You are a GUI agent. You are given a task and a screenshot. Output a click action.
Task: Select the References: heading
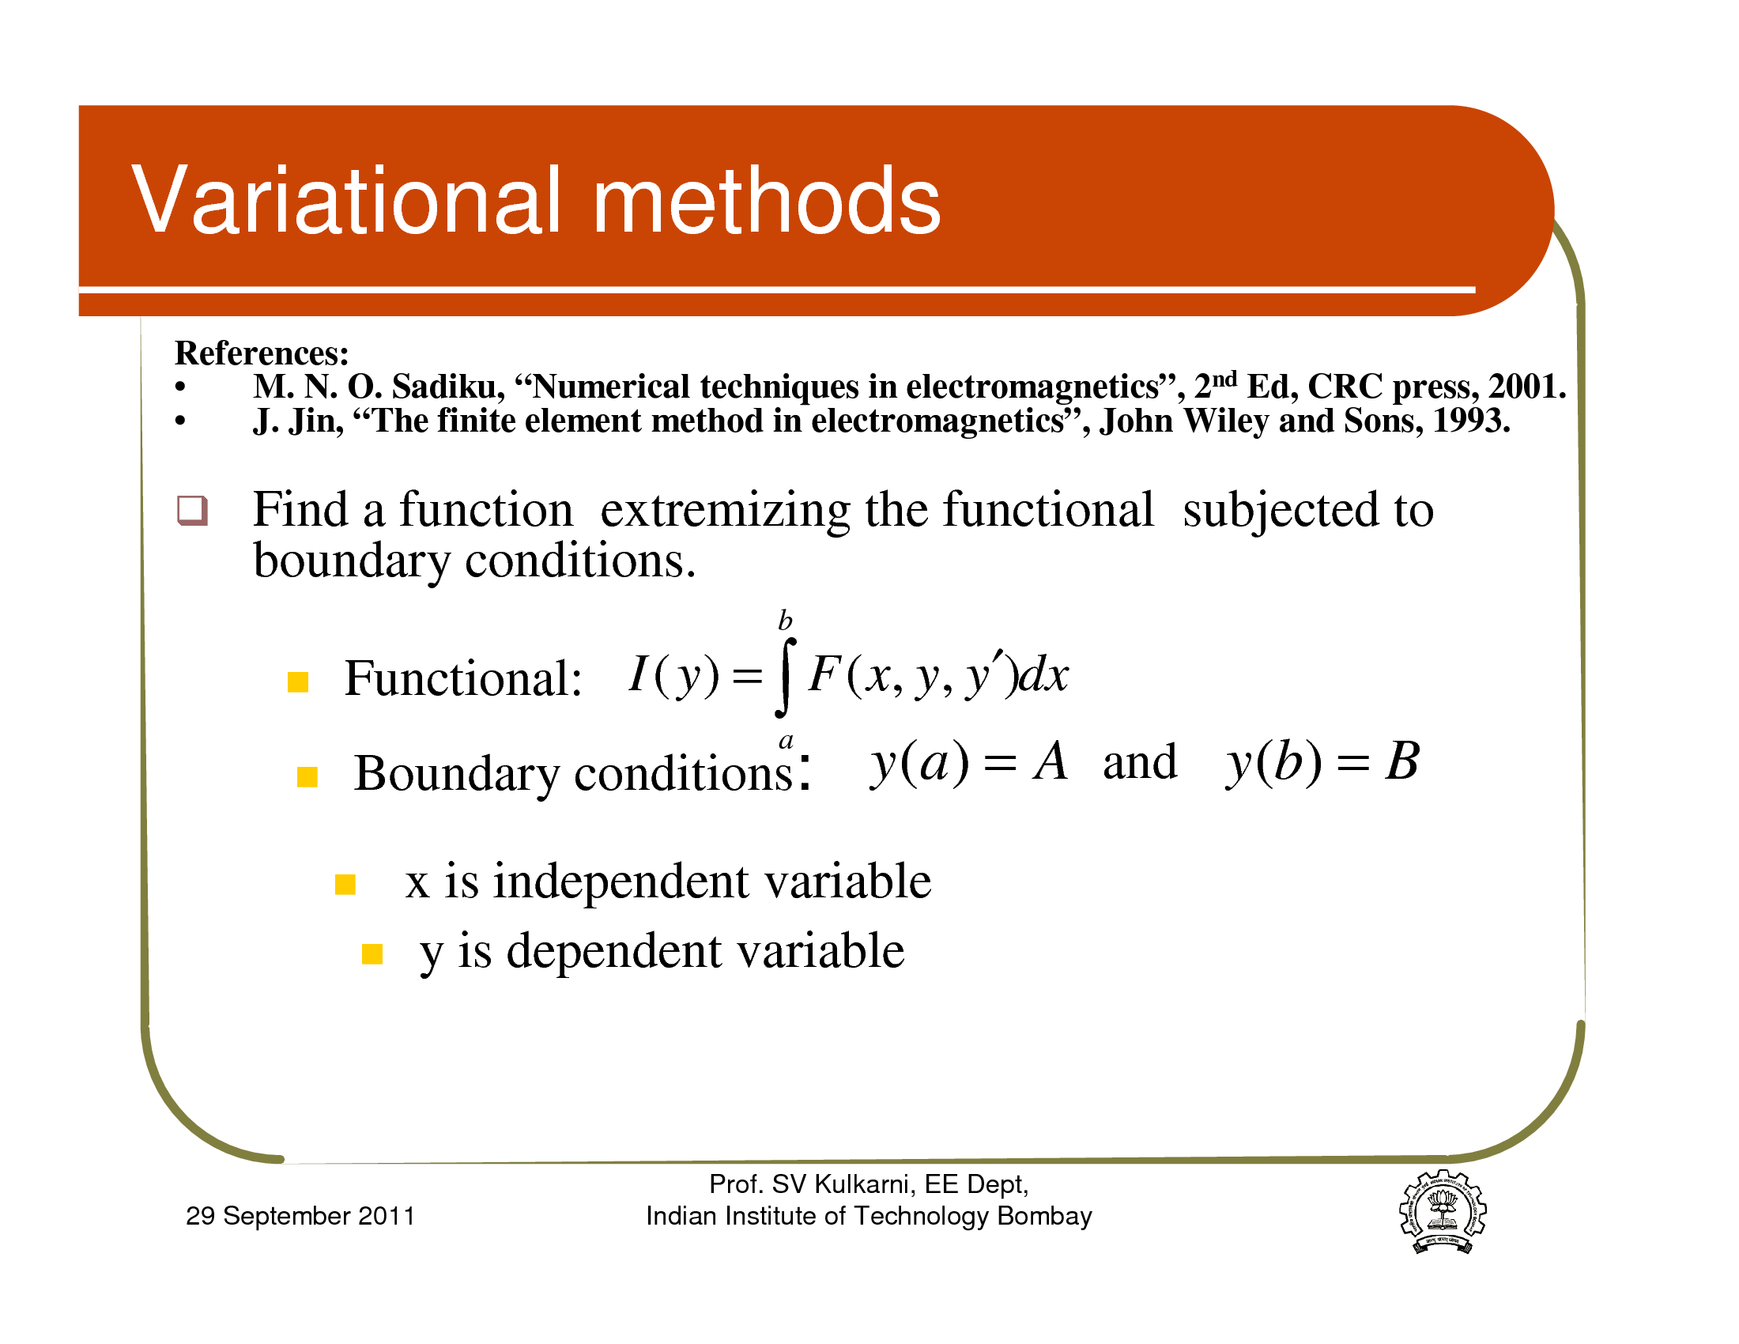(x=262, y=353)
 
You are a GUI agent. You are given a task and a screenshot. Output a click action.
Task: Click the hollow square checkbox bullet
(x=192, y=511)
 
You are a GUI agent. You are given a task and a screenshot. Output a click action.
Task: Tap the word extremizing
(x=726, y=511)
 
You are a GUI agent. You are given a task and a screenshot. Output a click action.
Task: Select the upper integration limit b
(x=785, y=620)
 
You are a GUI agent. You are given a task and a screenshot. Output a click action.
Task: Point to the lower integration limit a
(x=786, y=742)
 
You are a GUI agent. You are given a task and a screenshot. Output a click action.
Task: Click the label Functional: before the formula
(x=462, y=679)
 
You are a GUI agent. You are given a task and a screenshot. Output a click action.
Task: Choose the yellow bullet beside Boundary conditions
(x=307, y=776)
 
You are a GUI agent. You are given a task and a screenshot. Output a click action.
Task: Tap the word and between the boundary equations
(x=1139, y=762)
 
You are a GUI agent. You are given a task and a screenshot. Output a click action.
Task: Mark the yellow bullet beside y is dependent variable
(x=372, y=954)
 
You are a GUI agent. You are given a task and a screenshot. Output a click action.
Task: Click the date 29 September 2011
(x=300, y=1216)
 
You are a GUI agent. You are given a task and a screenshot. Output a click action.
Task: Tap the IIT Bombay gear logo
(x=1443, y=1211)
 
